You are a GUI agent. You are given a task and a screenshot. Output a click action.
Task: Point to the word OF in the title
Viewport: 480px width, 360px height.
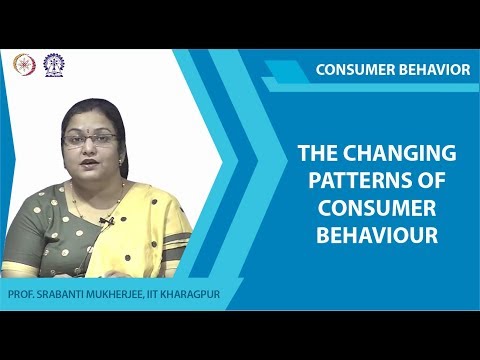430,182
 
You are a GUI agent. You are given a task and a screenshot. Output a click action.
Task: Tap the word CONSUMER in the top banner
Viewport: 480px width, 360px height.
352,69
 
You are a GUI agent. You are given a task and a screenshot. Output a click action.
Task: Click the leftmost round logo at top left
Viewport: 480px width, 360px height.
22,63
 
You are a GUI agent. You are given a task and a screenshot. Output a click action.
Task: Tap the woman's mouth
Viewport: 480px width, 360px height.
91,163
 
